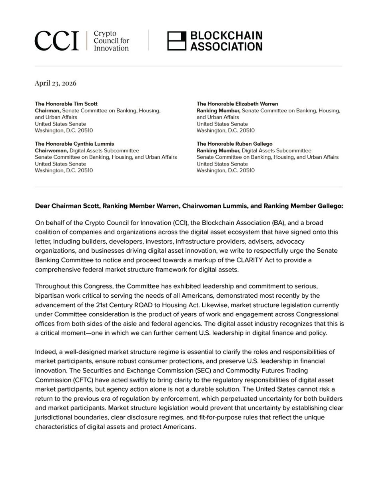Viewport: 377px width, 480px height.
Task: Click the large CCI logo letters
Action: (57, 41)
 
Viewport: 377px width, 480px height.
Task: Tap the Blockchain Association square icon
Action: (176, 41)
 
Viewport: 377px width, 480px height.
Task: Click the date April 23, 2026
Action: (56, 83)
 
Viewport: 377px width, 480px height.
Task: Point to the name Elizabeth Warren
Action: (250, 104)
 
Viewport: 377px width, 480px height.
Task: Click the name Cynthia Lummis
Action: (87, 144)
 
